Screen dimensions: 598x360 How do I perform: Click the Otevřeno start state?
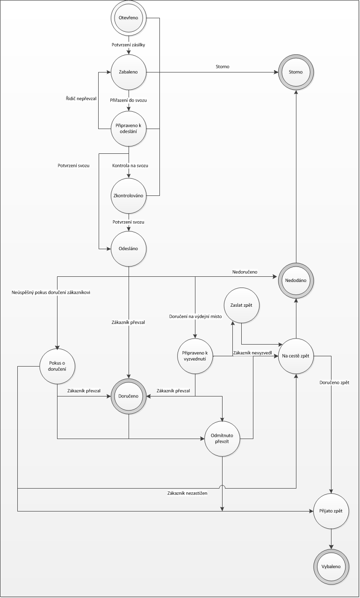(129, 18)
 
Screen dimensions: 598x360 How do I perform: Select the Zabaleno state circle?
(129, 72)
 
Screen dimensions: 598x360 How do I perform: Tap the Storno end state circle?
(296, 72)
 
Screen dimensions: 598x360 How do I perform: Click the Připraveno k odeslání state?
(129, 128)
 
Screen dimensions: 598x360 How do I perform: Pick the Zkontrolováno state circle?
(129, 195)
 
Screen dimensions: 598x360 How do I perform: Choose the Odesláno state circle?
(129, 248)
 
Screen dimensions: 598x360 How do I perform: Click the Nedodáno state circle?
(296, 280)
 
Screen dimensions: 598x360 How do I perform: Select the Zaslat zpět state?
(241, 305)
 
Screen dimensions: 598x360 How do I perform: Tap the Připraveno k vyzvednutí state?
(195, 356)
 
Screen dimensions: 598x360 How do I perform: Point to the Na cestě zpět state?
(296, 356)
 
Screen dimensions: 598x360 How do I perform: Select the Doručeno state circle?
(129, 396)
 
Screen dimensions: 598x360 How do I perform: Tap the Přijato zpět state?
(331, 511)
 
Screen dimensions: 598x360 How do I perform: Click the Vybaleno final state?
(331, 566)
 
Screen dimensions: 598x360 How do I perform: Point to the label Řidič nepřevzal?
(80, 99)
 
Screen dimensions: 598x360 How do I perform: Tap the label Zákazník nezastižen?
(187, 493)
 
